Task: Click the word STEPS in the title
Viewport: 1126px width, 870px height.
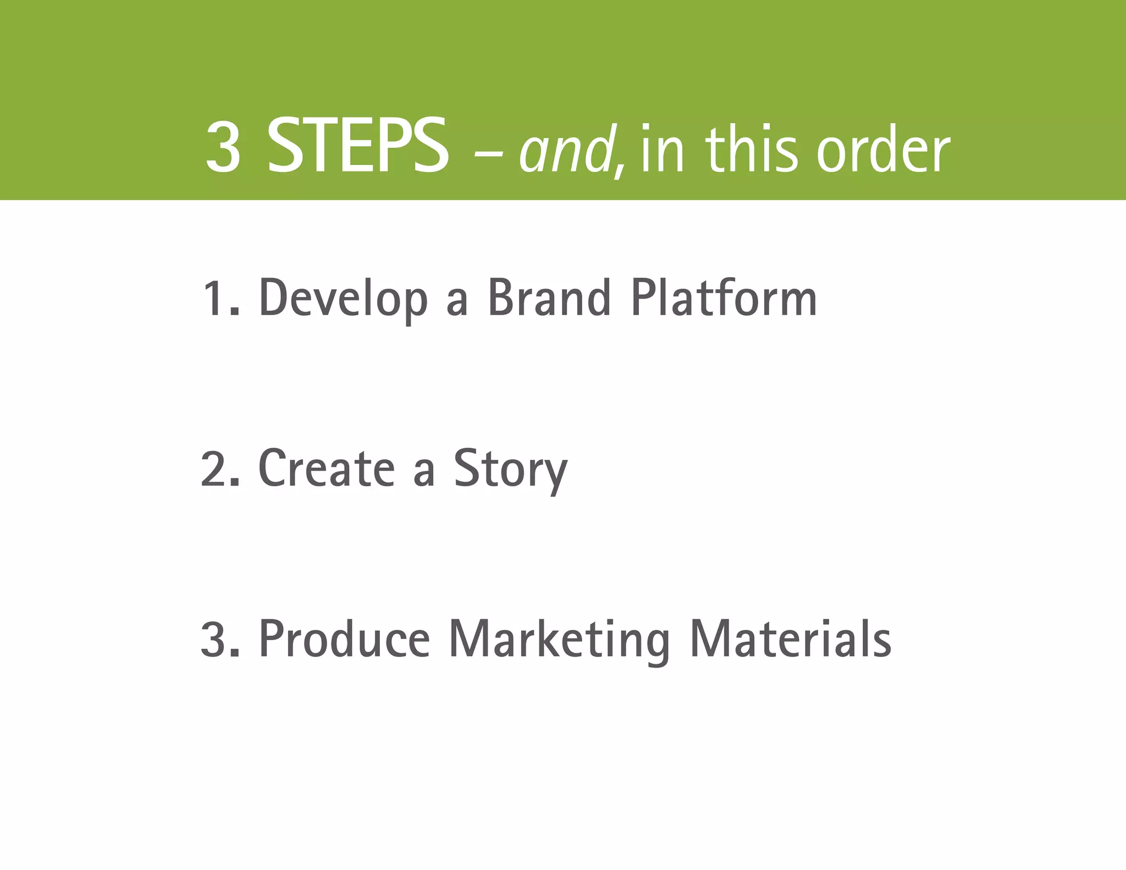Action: pos(357,147)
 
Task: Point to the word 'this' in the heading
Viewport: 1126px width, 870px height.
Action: pos(750,148)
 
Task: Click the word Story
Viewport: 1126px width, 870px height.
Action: pos(510,470)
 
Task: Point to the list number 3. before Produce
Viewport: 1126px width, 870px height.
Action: pos(220,639)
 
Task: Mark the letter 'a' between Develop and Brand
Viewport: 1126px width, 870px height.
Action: pos(457,304)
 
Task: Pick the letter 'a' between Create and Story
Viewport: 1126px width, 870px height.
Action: pos(424,474)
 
